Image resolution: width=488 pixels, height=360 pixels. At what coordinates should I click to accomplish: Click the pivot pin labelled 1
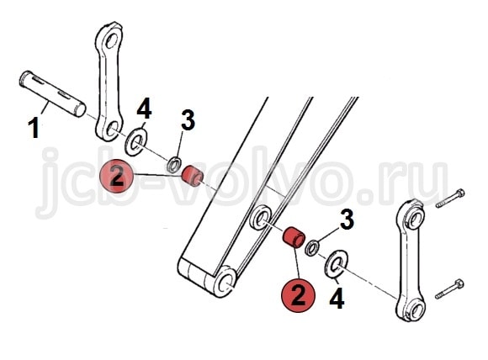tap(53, 94)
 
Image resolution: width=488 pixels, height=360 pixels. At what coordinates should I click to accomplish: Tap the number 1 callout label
tap(34, 129)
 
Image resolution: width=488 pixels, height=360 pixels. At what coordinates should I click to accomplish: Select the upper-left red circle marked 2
tap(116, 176)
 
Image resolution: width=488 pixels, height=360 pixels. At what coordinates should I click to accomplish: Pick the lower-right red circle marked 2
tap(298, 295)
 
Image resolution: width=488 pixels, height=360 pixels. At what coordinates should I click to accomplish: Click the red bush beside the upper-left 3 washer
tap(193, 176)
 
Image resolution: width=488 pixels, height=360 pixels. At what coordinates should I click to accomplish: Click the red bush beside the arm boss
tap(294, 238)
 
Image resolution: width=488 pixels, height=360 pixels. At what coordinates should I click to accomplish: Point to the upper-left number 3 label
tap(188, 119)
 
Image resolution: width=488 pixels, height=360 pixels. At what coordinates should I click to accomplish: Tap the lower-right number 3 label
tap(347, 220)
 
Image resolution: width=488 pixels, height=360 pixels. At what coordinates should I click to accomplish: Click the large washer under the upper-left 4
tap(136, 142)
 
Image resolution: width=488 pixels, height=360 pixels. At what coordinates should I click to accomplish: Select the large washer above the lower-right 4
tap(337, 263)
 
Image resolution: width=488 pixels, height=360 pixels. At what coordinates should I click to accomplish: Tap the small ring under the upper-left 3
tap(174, 165)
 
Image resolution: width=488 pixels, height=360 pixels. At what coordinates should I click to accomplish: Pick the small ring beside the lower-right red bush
tap(312, 248)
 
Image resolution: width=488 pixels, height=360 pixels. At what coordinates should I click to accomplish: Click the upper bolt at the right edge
tap(450, 199)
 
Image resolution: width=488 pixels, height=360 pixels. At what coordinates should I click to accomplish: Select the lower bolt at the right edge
tap(449, 289)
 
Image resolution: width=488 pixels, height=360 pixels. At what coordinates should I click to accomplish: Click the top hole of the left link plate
tap(111, 40)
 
